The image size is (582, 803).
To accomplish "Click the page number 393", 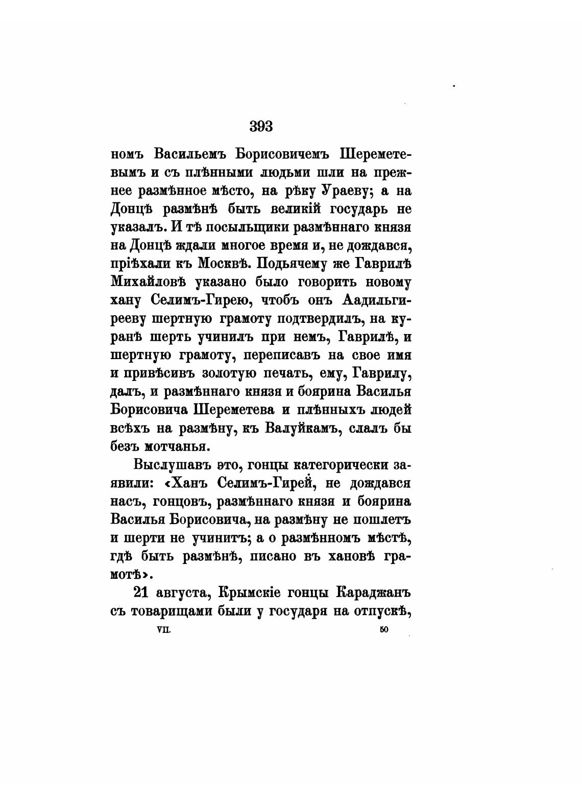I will click(x=261, y=126).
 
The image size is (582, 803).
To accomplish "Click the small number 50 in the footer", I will click(x=384, y=630).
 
